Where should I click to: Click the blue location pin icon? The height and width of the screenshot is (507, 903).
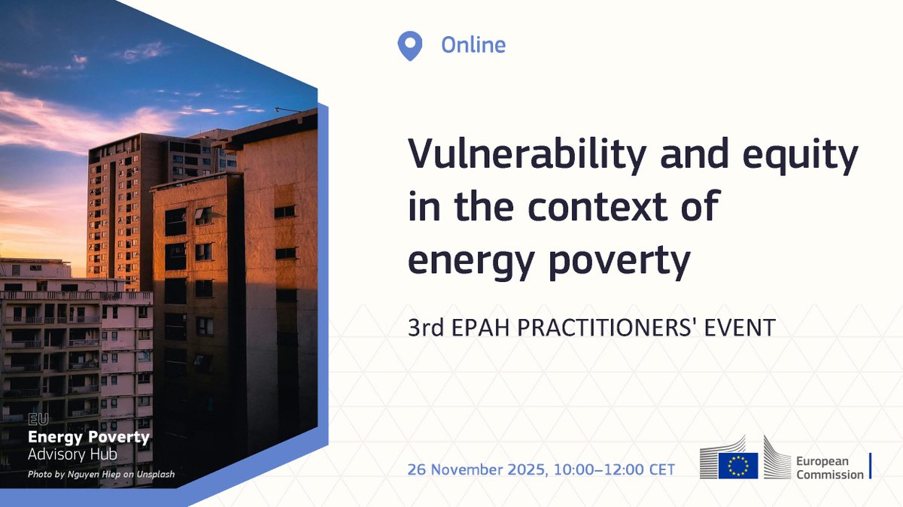[x=409, y=45]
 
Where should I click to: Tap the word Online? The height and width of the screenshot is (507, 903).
[x=473, y=45]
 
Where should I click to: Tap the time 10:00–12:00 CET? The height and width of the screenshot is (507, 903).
[x=614, y=469]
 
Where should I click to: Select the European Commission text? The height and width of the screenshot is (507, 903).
[x=830, y=468]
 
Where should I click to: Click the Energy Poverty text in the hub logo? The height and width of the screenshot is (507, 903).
[x=88, y=437]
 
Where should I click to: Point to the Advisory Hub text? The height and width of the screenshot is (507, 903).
[x=72, y=454]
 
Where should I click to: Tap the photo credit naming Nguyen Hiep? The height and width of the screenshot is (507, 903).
[x=101, y=474]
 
